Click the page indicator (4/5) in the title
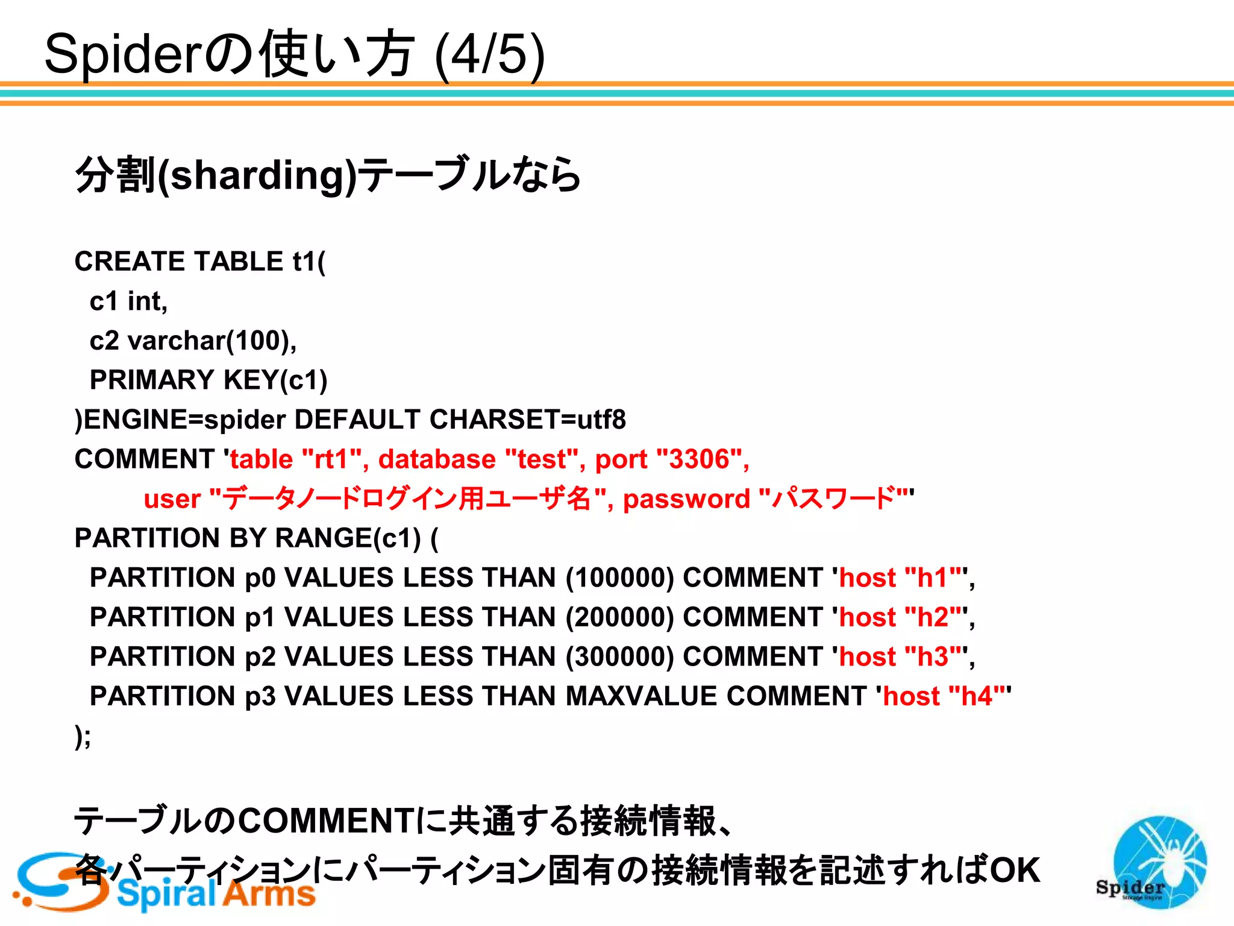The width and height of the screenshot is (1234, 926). click(489, 55)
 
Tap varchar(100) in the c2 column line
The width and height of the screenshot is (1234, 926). click(210, 341)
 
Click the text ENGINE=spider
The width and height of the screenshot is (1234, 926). click(184, 420)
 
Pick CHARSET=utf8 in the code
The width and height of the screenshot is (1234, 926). click(527, 420)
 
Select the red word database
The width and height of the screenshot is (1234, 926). click(437, 459)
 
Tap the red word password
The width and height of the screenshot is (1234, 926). click(686, 499)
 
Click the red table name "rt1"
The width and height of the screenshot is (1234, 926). click(331, 459)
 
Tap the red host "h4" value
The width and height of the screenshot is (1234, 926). click(976, 696)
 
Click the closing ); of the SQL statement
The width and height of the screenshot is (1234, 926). click(83, 736)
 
